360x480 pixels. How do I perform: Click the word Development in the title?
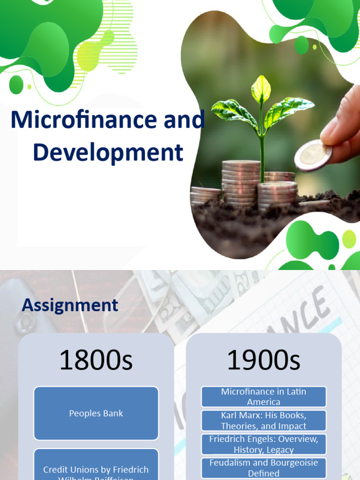(x=108, y=152)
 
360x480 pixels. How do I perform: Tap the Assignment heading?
(x=70, y=305)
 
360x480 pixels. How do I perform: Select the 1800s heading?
(x=96, y=360)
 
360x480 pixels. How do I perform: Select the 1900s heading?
(x=263, y=360)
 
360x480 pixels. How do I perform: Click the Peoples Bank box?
(x=96, y=413)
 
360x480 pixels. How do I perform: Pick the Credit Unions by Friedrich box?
(x=96, y=469)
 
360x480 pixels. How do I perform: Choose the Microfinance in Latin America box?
(x=263, y=397)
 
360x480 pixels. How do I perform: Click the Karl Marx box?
(x=263, y=420)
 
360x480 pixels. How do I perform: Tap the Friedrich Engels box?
(x=263, y=444)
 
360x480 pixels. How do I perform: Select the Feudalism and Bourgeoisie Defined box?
(x=263, y=468)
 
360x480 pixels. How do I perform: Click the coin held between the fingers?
(x=313, y=155)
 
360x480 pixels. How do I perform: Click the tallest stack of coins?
(x=241, y=183)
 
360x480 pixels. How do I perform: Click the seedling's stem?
(x=262, y=150)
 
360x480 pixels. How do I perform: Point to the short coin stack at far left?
(x=205, y=194)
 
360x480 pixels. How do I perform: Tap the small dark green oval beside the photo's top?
(x=301, y=45)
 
